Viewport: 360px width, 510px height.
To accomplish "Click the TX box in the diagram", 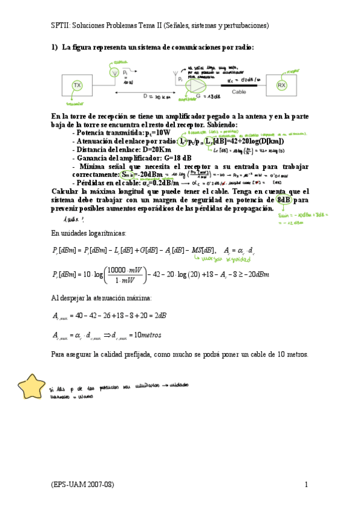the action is click(77, 86).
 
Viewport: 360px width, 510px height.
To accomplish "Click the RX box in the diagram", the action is click(281, 86).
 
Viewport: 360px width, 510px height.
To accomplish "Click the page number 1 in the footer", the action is click(306, 484).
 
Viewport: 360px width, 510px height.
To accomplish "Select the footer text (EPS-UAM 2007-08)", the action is click(82, 484).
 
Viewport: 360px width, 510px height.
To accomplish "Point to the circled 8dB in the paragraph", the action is click(284, 200).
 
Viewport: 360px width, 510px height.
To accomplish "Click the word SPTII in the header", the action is click(61, 26).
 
